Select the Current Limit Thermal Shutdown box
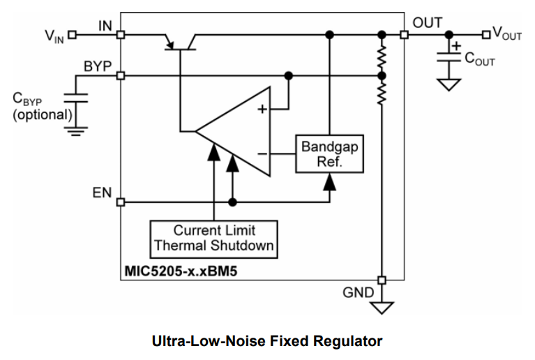(214, 238)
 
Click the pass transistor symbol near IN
(180, 43)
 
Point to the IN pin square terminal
(121, 34)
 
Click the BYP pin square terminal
(121, 75)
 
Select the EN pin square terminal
(121, 202)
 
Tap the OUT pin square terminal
(404, 34)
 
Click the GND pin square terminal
(382, 278)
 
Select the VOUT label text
(506, 33)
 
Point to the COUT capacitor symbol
(448, 60)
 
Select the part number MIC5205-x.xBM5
(177, 269)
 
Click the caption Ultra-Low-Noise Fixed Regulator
(267, 341)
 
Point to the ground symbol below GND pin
(382, 306)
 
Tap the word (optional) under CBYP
(41, 114)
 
